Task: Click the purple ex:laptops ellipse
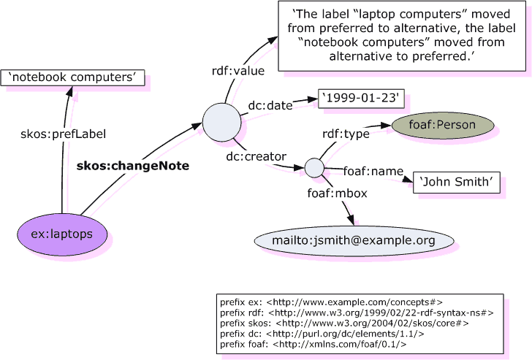click(64, 234)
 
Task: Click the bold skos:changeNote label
click(133, 166)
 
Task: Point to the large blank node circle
click(222, 123)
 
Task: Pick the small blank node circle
click(314, 167)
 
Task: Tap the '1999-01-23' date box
click(361, 99)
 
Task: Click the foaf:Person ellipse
click(444, 125)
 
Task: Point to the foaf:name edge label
click(373, 171)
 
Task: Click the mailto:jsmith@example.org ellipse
click(354, 240)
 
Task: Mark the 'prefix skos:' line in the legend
click(343, 322)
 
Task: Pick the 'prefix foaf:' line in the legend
click(313, 342)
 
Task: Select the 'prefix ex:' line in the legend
click(330, 301)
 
